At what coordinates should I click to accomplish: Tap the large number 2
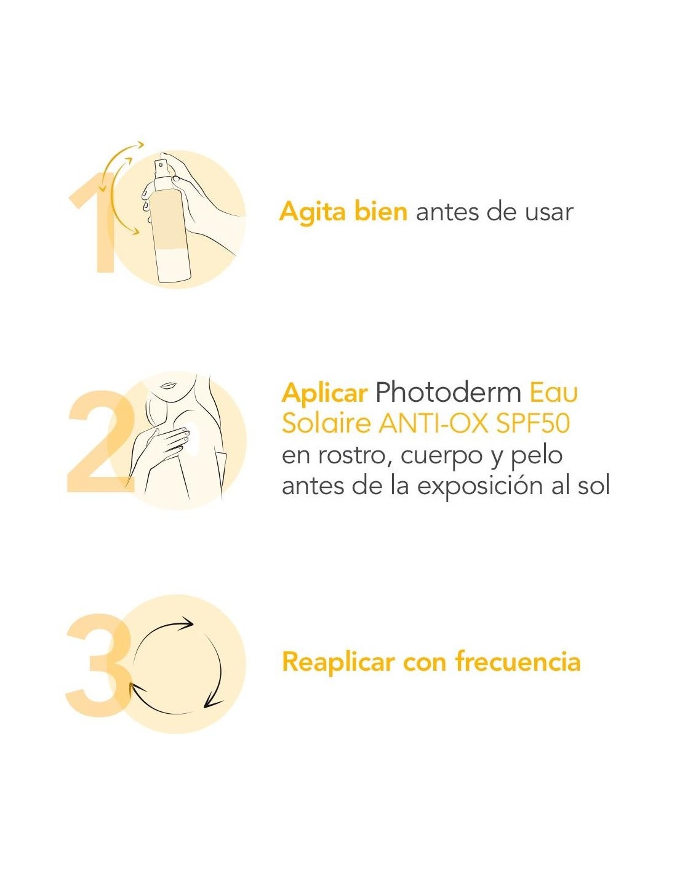(x=101, y=441)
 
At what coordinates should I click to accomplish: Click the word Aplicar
(x=324, y=393)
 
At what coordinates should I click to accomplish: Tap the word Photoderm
(x=448, y=393)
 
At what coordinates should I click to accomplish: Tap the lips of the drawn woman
(x=166, y=385)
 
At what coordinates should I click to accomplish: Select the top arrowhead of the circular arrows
(x=186, y=624)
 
